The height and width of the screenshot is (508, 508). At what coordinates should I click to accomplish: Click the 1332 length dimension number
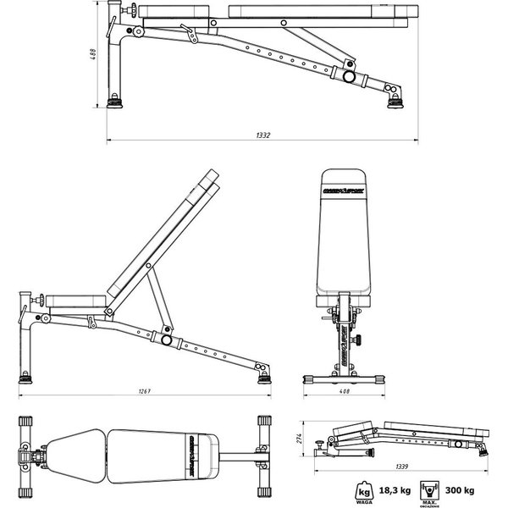click(265, 135)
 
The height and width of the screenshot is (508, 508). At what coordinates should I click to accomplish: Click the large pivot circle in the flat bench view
click(348, 75)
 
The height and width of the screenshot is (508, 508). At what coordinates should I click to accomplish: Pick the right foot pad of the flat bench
click(395, 102)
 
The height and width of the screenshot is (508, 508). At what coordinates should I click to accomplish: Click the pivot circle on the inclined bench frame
click(167, 340)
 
